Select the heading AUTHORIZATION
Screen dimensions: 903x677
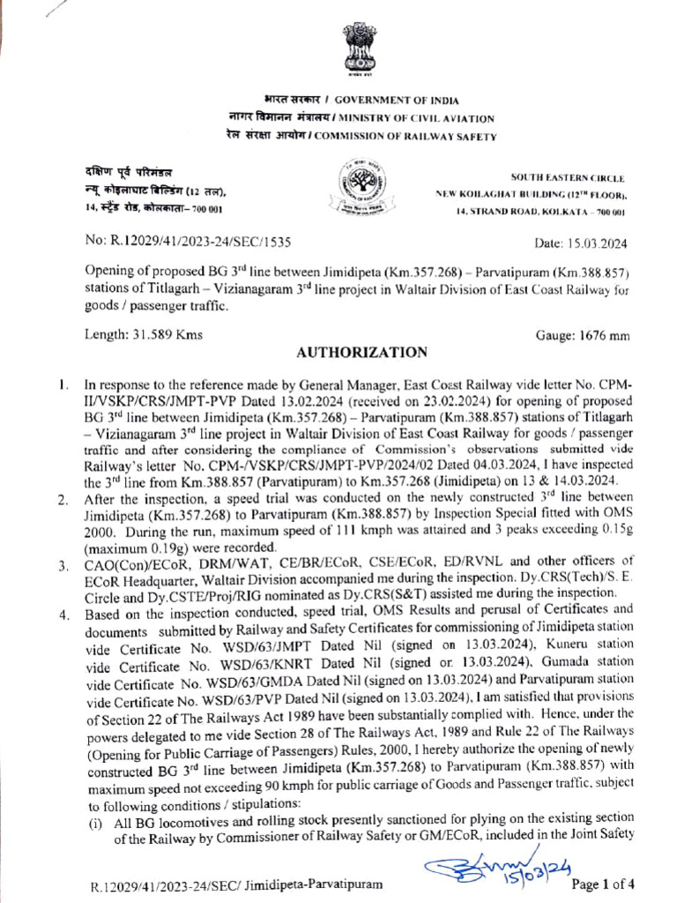pyautogui.click(x=361, y=352)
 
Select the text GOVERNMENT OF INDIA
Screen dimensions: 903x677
pyautogui.click(x=396, y=101)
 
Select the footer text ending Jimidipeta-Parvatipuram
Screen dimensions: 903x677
pyautogui.click(x=238, y=884)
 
